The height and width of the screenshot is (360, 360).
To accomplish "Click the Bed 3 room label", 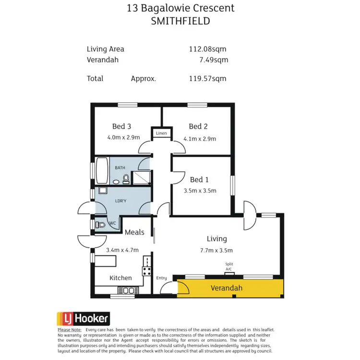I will (121, 127).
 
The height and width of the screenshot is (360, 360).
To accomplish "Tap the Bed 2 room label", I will (198, 127).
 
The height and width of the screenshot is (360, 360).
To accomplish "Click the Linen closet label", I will (161, 133).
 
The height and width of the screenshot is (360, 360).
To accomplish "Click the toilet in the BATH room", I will (126, 180).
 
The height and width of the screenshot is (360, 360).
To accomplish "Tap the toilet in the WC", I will (100, 224).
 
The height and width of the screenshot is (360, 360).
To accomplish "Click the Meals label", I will (134, 232).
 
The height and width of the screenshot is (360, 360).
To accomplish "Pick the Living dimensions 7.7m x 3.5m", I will (216, 250).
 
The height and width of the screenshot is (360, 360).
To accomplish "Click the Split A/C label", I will (228, 267).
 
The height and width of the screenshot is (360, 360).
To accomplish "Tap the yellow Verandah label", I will (227, 288).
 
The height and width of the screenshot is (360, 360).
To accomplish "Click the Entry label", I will (162, 278).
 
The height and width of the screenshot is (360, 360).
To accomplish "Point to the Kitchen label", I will (120, 278).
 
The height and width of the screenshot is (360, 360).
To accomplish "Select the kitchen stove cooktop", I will (146, 271).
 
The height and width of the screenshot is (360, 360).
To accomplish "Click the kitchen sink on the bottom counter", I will (128, 290).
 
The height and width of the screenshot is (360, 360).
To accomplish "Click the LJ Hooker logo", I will (84, 318).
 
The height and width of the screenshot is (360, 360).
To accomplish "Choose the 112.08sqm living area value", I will (208, 49).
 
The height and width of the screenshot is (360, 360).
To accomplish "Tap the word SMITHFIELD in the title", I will (180, 22).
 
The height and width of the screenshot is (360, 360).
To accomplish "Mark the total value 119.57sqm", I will (208, 79).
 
